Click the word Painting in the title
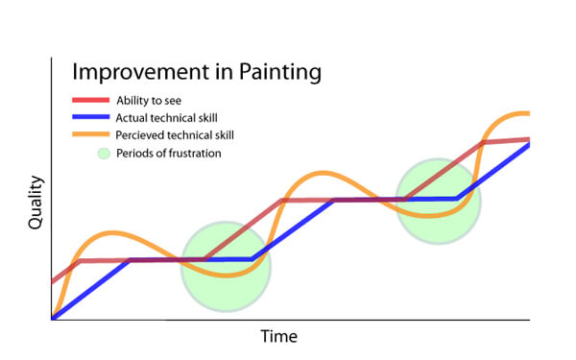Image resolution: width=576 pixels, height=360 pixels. click(278, 72)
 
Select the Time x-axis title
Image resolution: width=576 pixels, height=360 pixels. click(279, 336)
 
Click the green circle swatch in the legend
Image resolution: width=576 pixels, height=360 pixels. click(104, 152)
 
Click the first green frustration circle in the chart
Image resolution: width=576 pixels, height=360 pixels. click(226, 267)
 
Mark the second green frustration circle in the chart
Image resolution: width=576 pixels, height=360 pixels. click(438, 202)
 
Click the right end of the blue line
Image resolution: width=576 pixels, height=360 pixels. click(528, 145)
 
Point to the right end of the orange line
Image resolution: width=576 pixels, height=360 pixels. click(528, 114)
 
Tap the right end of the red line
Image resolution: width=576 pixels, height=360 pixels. click(528, 139)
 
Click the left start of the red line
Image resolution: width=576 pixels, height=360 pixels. click(53, 282)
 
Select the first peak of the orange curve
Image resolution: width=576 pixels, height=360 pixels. click(112, 232)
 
